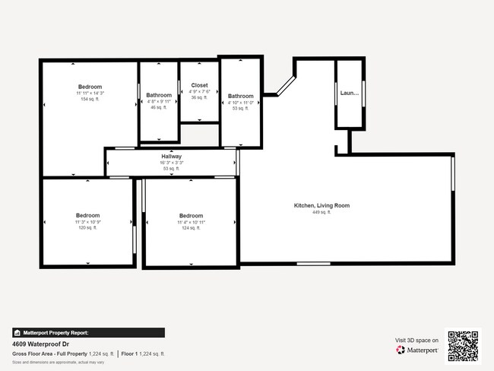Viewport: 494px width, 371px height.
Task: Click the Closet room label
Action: (199, 85)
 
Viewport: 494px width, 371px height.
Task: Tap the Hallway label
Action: (171, 157)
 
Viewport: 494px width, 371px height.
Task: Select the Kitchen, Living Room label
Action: (321, 205)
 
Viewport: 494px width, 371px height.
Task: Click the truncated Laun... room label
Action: (350, 93)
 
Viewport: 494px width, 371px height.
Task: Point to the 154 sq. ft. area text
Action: (90, 100)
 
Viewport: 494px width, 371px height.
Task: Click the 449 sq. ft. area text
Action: (321, 212)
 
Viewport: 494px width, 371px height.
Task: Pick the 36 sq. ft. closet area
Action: (199, 97)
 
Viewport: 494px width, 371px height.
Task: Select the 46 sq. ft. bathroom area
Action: (159, 108)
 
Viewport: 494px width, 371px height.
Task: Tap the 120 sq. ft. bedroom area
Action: (87, 228)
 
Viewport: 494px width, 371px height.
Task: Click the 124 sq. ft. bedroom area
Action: (191, 228)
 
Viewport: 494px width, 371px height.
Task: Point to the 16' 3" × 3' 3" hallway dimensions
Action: (171, 163)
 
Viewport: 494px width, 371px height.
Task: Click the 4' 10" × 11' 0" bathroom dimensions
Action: (241, 103)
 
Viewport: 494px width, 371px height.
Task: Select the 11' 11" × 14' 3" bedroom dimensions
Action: (90, 94)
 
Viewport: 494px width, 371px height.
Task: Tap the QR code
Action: (463, 346)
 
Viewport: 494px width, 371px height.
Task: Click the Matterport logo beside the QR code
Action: (417, 350)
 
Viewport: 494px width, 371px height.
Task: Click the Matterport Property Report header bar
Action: (88, 332)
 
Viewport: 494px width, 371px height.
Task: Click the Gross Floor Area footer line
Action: (88, 354)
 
